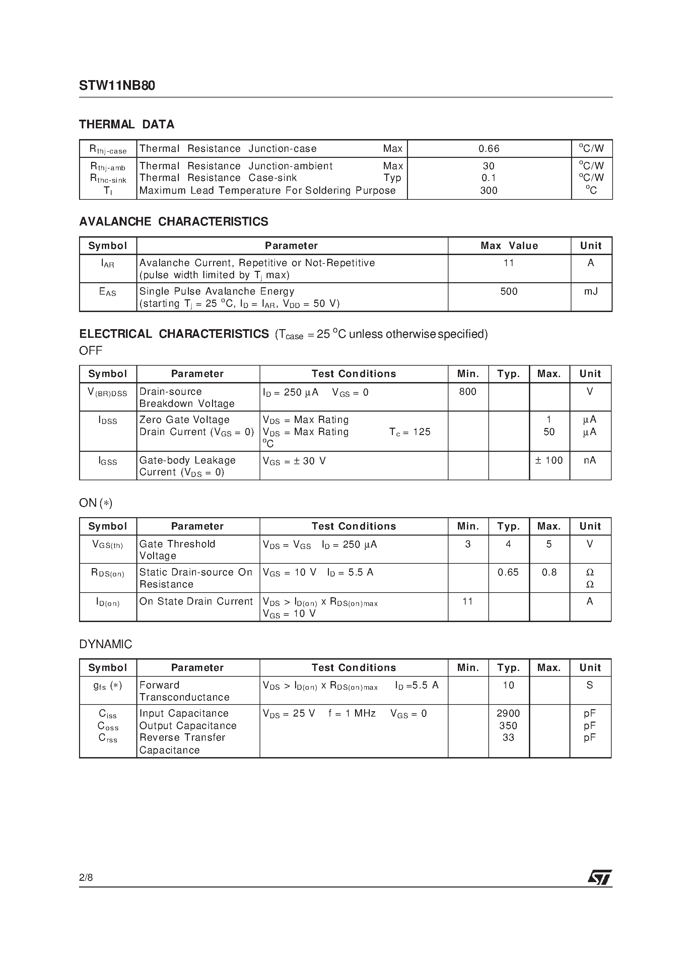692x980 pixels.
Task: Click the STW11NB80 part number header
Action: (117, 86)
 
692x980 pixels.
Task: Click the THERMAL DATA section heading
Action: (127, 124)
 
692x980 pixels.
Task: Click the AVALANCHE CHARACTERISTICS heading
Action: (174, 222)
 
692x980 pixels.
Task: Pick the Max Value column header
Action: (509, 246)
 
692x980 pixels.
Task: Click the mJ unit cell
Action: (591, 292)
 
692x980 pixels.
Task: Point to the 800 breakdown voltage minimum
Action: (468, 391)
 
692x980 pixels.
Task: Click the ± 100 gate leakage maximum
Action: (549, 460)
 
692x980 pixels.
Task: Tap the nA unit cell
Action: (590, 460)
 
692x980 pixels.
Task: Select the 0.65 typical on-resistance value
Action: (508, 572)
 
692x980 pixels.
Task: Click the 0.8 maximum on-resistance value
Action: (549, 572)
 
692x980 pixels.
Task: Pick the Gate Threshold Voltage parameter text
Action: (177, 550)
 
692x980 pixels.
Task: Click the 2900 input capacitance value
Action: (508, 713)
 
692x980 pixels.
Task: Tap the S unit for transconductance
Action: (590, 685)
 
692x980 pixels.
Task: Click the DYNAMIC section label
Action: (106, 644)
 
